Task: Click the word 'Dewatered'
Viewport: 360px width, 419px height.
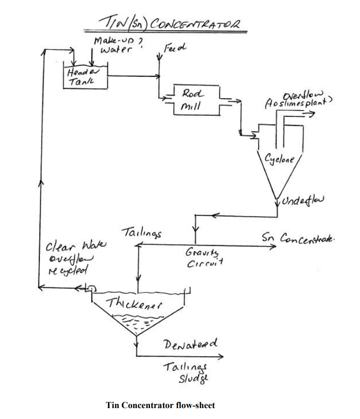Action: (x=190, y=344)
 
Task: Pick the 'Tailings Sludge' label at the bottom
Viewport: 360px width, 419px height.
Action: (x=186, y=372)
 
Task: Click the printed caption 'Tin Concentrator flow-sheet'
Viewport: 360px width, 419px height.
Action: (x=160, y=405)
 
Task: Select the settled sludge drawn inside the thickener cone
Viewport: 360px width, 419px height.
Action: (x=136, y=324)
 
